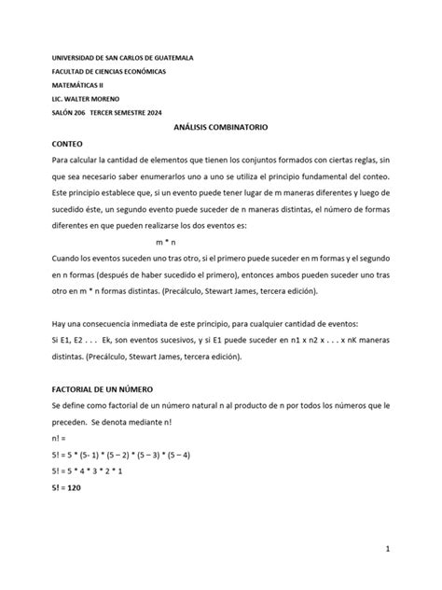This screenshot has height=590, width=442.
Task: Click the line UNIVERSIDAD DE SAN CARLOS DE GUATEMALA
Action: coord(122,57)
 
